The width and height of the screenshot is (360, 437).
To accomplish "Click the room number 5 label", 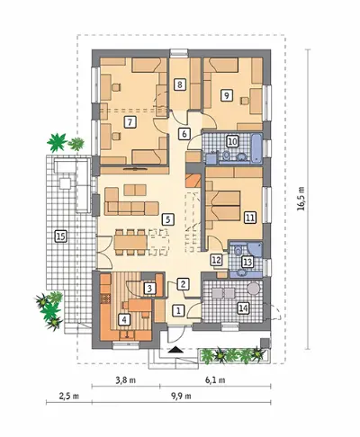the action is point(167,219).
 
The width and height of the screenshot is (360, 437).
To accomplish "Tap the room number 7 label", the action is point(130,122).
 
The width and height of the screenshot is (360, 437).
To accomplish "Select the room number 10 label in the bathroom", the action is point(233,141).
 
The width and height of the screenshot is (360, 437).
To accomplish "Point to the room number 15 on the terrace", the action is point(60,236).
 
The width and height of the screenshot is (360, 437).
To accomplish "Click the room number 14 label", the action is point(244,308).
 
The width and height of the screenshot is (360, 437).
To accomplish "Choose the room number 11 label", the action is point(250,218).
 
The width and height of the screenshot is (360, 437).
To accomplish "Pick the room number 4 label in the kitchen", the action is point(124,319).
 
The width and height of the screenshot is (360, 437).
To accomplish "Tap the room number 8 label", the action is point(180,85).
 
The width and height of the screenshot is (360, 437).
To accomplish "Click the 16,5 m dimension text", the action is point(301,199).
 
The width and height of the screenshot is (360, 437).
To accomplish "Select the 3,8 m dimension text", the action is point(126,380).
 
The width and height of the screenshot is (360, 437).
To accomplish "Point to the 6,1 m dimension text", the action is point(215,380).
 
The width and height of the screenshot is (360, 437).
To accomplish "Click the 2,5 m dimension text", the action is point(69,397).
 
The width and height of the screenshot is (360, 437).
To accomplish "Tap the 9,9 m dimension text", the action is point(181,397).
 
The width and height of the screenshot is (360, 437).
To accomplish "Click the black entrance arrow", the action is point(175,350).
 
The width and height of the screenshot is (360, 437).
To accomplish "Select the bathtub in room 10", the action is point(256,148).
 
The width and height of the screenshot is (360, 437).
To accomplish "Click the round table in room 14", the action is point(254,289).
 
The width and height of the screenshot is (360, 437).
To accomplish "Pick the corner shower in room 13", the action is point(255,249).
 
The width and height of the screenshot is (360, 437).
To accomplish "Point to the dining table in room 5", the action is point(130,242).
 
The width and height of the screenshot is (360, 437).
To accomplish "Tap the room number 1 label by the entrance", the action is point(178,310).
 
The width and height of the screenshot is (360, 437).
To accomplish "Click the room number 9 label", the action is point(227,95).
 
